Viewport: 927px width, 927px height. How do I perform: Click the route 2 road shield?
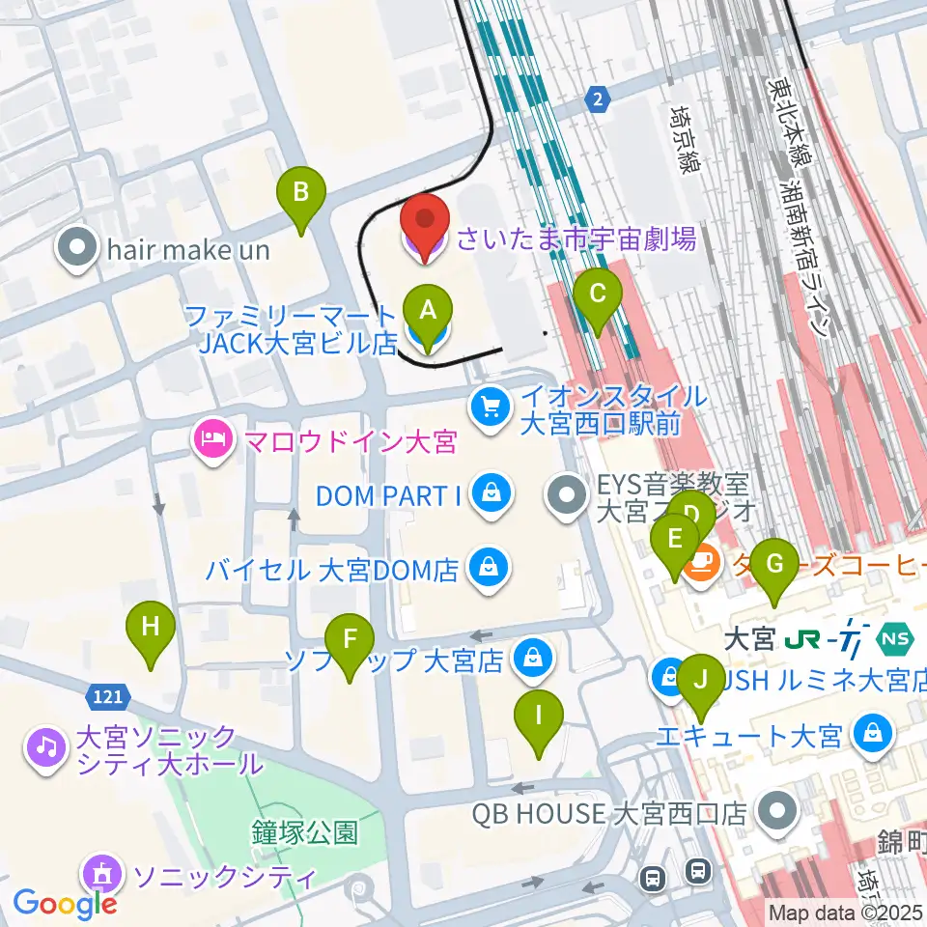pyautogui.click(x=599, y=98)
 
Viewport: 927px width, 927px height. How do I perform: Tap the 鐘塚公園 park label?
pyautogui.click(x=305, y=831)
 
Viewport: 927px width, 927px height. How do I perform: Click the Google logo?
pyautogui.click(x=66, y=903)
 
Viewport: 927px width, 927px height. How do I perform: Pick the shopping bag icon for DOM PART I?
pyautogui.click(x=492, y=495)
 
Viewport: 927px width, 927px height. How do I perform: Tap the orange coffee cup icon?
pyautogui.click(x=702, y=565)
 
